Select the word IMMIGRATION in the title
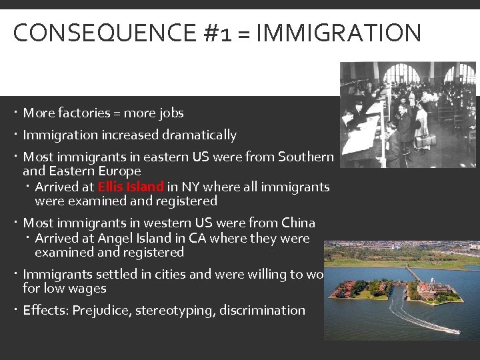(339, 33)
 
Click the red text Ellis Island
(131, 187)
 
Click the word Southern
(305, 157)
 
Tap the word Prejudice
(101, 310)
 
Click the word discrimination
(265, 310)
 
